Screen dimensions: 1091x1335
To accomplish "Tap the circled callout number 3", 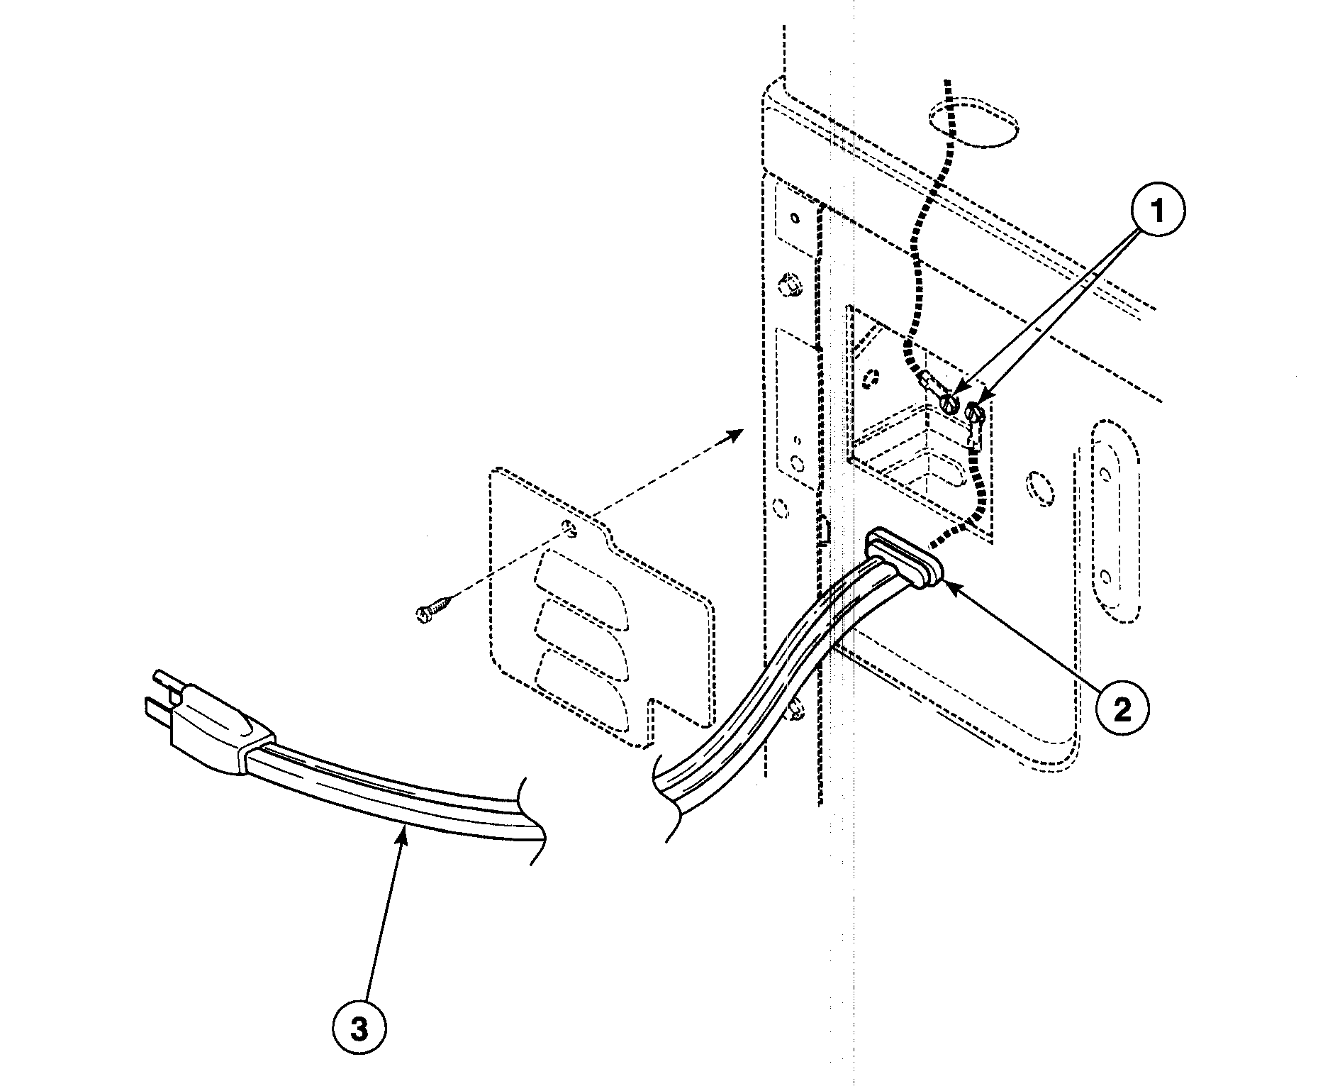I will point(359,1029).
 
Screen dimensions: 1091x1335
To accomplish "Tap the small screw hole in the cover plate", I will point(568,526).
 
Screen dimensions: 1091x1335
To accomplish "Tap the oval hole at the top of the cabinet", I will point(973,124).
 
